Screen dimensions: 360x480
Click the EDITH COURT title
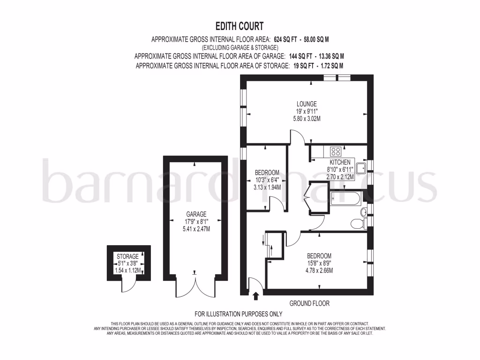240,26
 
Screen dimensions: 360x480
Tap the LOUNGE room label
307,104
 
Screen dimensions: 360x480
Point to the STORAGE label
127,256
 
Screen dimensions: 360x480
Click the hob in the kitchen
336,151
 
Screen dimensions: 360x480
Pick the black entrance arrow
255,296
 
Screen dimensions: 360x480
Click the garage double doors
195,285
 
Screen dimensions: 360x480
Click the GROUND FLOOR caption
309,304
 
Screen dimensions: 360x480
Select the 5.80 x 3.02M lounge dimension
307,119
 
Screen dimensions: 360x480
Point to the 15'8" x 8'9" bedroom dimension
319,263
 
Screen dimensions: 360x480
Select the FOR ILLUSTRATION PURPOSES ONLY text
239,314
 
